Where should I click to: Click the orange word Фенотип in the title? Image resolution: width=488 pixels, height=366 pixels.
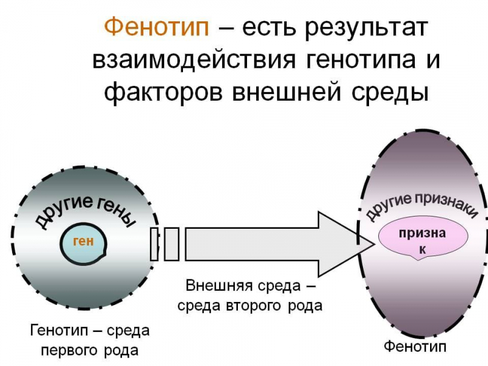tap(157, 27)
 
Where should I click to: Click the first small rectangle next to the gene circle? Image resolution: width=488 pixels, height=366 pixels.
tap(154, 243)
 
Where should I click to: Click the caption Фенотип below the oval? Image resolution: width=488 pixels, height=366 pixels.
tap(415, 346)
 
